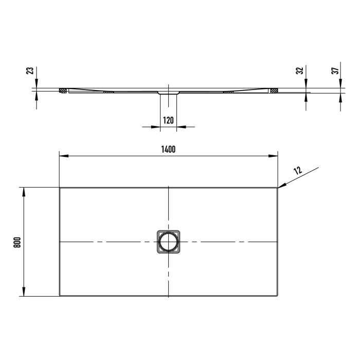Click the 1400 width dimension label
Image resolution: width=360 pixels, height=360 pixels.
[168, 149]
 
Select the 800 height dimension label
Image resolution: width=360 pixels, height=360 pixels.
[17, 242]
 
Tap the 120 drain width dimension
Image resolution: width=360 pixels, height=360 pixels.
[168, 120]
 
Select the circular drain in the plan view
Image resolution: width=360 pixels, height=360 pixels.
[168, 241]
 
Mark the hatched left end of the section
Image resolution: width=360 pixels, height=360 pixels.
[63, 91]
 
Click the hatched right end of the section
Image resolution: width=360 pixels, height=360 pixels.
[274, 91]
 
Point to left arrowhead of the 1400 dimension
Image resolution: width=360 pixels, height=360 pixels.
[62, 155]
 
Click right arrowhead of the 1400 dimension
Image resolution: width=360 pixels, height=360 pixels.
[275, 155]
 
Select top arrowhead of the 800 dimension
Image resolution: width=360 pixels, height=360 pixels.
[23, 190]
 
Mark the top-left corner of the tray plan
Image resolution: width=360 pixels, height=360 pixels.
[60, 188]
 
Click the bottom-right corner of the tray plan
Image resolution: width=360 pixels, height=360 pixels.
[278, 296]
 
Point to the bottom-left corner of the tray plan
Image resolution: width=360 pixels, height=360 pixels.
[60, 296]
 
